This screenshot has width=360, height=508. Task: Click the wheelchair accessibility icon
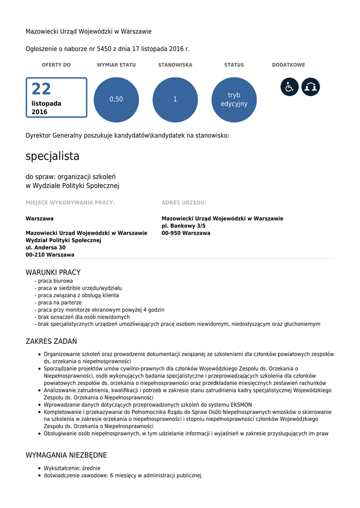tap(289, 87)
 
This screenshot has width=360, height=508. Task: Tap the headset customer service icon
tap(311, 87)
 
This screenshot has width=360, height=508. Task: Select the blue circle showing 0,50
tap(116, 99)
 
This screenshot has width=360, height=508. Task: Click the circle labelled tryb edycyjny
tap(234, 99)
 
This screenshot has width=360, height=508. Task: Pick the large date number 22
tap(41, 89)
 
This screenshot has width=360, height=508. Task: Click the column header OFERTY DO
tap(56, 65)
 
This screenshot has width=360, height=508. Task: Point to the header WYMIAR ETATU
tap(116, 65)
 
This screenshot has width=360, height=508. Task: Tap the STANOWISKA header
tap(175, 65)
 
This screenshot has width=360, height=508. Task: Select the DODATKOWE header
tap(288, 65)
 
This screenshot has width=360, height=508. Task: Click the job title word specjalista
tap(53, 156)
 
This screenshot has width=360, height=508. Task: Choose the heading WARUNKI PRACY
tap(53, 272)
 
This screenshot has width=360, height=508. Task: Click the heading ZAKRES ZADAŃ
tap(51, 341)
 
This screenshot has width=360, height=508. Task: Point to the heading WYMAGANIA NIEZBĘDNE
tap(66, 455)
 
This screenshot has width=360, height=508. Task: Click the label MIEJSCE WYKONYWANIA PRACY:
tap(71, 202)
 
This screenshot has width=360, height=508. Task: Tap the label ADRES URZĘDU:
tap(184, 202)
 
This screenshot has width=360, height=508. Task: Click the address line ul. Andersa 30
tap(46, 247)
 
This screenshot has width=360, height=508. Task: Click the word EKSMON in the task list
tap(242, 405)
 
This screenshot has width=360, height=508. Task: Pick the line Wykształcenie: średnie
tap(72, 468)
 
